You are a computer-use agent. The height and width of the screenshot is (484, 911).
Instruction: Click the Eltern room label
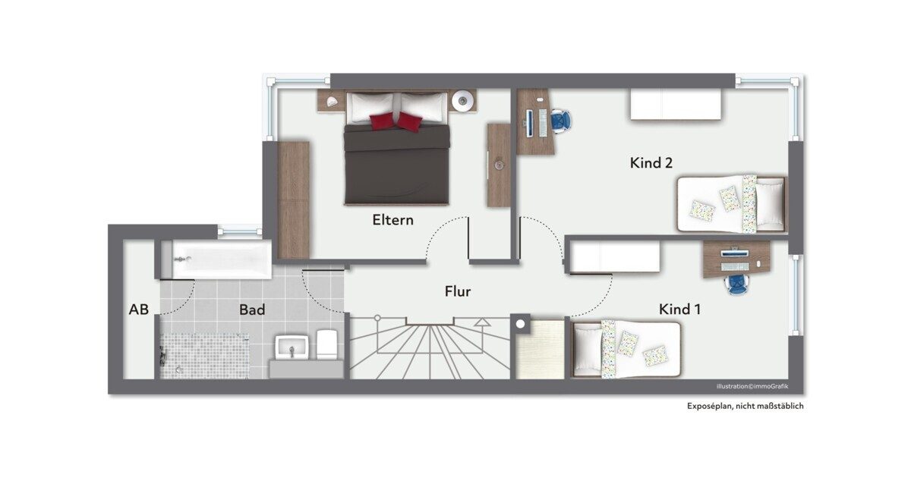pyautogui.click(x=393, y=220)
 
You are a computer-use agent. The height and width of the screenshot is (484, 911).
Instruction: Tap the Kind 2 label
pyautogui.click(x=651, y=163)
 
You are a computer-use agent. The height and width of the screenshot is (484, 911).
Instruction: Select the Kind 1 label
pyautogui.click(x=679, y=310)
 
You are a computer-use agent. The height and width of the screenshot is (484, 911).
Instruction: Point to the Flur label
pyautogui.click(x=458, y=291)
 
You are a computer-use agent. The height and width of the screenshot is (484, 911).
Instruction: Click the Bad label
pyautogui.click(x=252, y=310)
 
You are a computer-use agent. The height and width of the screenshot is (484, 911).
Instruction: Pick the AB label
pyautogui.click(x=139, y=310)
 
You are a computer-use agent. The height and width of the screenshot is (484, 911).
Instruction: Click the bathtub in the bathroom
pyautogui.click(x=216, y=259)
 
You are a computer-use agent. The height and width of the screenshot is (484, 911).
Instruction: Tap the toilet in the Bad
pyautogui.click(x=327, y=344)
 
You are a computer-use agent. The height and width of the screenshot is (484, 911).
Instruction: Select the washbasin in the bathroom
pyautogui.click(x=292, y=347)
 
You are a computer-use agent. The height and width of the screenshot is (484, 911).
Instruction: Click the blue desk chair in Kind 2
pyautogui.click(x=561, y=121)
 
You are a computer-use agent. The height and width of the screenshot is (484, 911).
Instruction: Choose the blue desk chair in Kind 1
pyautogui.click(x=736, y=284)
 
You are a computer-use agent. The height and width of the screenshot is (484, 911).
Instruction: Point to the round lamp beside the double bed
pyautogui.click(x=463, y=100)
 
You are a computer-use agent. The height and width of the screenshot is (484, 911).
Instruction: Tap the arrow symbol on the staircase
pyautogui.click(x=483, y=322)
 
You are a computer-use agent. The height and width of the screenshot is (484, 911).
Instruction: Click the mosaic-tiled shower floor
pyautogui.click(x=204, y=357)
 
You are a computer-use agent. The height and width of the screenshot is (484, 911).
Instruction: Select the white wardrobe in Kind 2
pyautogui.click(x=676, y=105)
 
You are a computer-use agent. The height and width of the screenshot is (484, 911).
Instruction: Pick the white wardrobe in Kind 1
pyautogui.click(x=615, y=257)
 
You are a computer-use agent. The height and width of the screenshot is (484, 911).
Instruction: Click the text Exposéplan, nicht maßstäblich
pyautogui.click(x=745, y=406)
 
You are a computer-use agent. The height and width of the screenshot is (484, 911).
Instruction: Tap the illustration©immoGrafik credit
pyautogui.click(x=752, y=386)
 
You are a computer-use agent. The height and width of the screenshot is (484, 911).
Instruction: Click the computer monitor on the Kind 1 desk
pyautogui.click(x=735, y=253)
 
